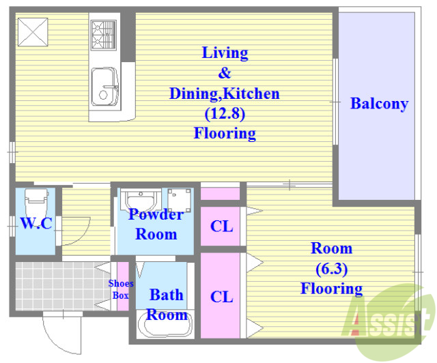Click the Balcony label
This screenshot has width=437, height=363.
coord(380,104)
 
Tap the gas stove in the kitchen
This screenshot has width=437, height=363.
coord(103,35)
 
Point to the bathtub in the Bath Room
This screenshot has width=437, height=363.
coord(165,324)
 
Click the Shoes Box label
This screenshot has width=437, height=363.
coord(121,289)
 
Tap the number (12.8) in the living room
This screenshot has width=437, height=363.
coord(225,114)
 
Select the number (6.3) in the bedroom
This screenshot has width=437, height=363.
coord(332,269)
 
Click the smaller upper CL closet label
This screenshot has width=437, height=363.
coord(221,227)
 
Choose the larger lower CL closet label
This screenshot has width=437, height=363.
coord(221,297)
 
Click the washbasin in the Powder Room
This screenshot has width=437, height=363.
coord(141,200)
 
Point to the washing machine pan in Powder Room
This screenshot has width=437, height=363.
coord(179,200)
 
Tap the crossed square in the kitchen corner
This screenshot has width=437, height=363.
coord(33,32)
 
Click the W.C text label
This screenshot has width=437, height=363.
coord(36,223)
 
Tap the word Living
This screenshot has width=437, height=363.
coord(225,53)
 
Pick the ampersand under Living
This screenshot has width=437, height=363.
coord(225,73)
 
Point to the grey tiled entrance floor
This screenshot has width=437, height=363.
coord(60,286)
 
